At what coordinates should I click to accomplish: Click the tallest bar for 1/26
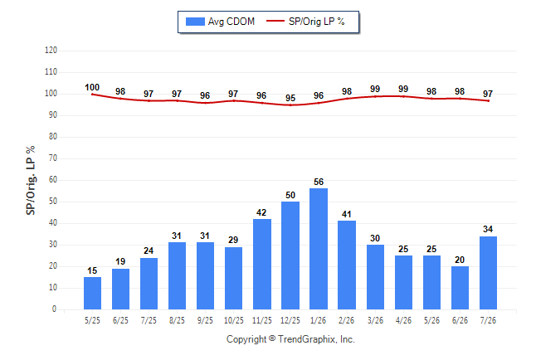pos(319,249)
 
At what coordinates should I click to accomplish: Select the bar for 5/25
pos(92,294)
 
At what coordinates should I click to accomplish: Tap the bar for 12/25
pos(290,255)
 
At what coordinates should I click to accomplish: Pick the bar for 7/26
pos(488,273)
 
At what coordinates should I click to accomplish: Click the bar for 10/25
pos(233,278)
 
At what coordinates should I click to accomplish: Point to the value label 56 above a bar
pos(319,182)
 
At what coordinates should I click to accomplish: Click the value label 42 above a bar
pos(261,212)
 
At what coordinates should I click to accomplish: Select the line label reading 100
pos(92,88)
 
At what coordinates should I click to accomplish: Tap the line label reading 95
pos(290,98)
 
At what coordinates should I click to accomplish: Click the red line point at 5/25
pos(92,95)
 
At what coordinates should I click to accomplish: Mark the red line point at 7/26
pos(488,101)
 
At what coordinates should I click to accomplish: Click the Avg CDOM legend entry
pos(220,22)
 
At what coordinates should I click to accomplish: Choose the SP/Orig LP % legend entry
pos(305,22)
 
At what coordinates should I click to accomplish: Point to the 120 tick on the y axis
pos(51,51)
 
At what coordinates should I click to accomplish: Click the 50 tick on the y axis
pos(52,202)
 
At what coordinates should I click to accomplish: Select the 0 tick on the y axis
pos(55,309)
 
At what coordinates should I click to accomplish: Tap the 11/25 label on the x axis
pos(262,320)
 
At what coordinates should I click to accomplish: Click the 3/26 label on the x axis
pos(375,320)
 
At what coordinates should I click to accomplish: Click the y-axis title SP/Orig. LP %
pos(31,181)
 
